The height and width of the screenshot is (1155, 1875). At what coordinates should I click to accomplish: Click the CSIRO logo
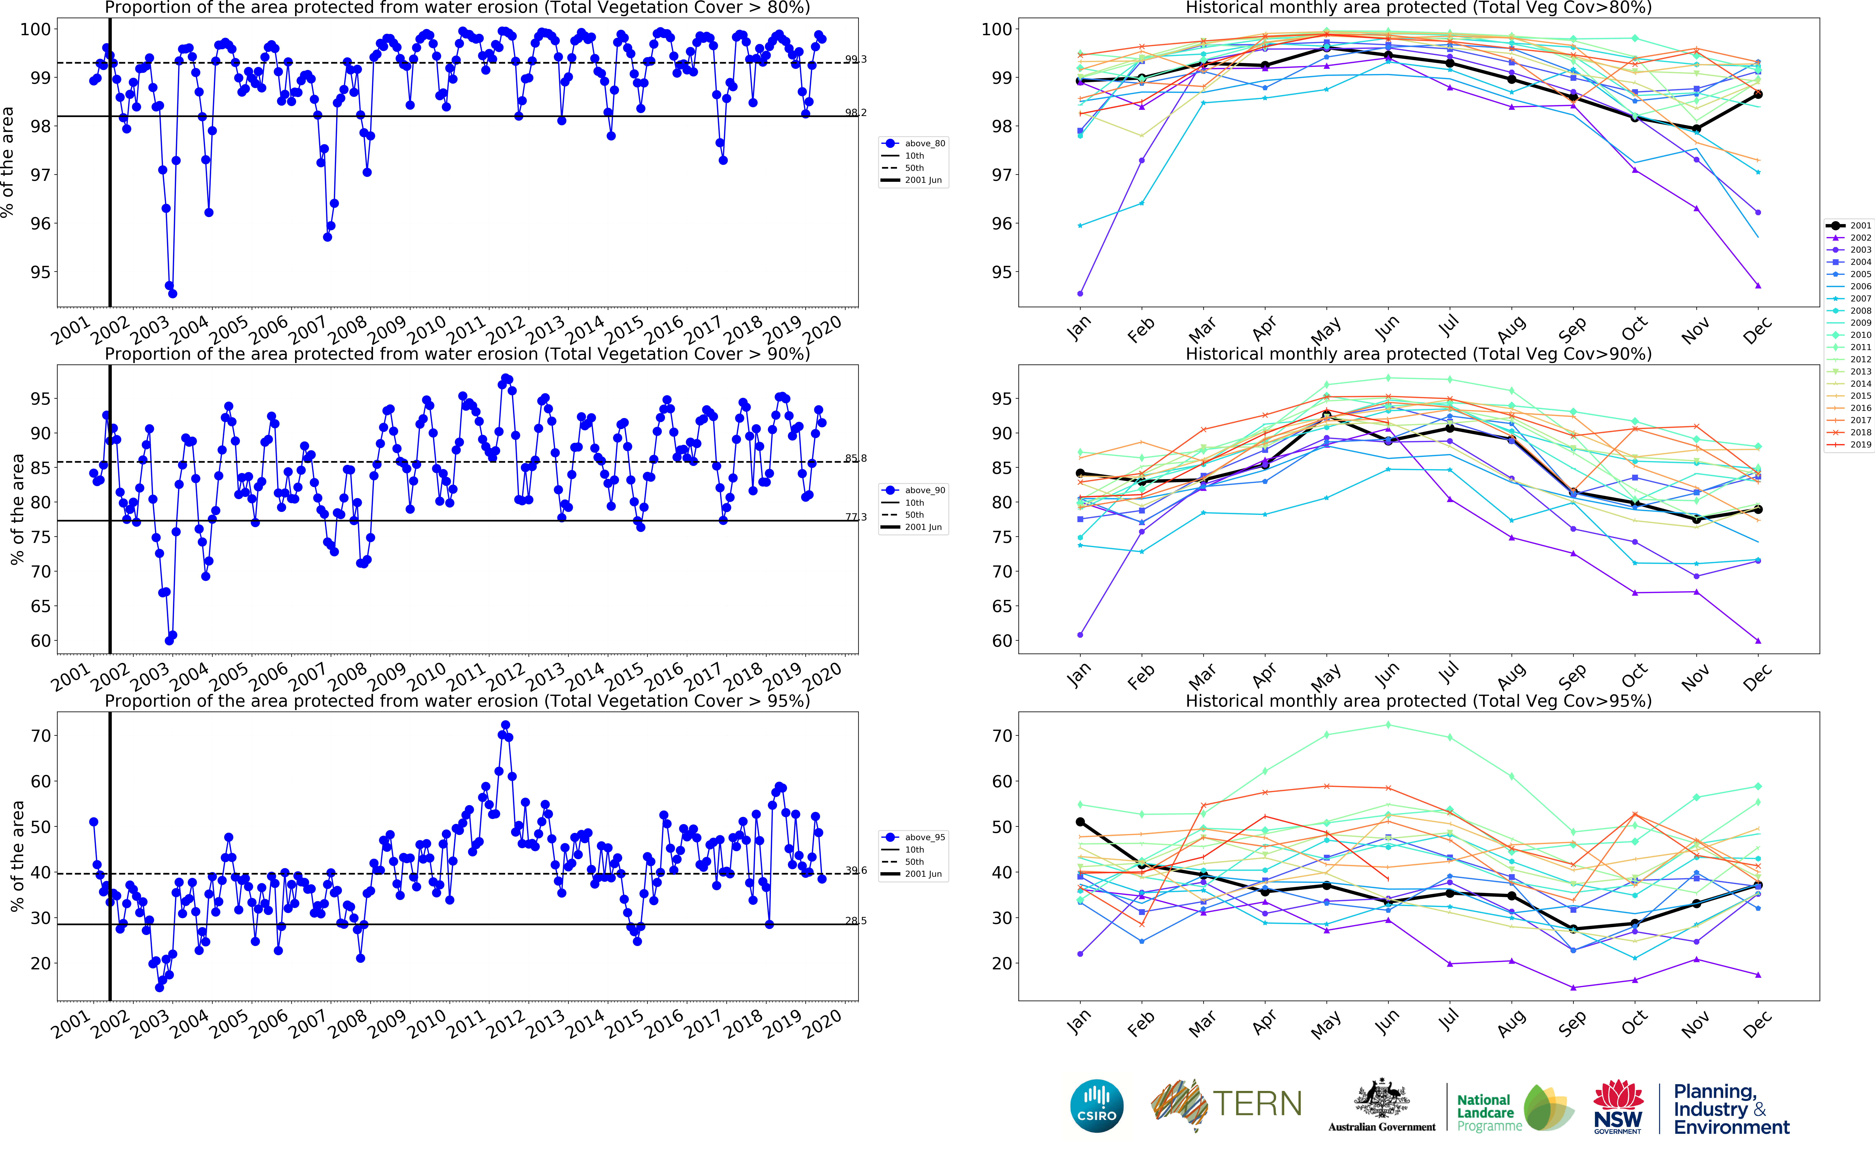click(x=1097, y=1105)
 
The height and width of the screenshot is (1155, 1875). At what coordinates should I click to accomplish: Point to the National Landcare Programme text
click(x=1485, y=1112)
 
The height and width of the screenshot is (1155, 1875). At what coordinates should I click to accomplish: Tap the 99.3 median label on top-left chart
click(x=855, y=59)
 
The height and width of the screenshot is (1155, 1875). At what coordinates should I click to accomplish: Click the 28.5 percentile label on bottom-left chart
click(x=855, y=921)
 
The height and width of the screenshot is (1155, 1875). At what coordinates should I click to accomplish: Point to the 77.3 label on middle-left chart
click(x=855, y=517)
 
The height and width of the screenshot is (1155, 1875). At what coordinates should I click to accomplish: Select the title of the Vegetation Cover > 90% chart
click(x=457, y=354)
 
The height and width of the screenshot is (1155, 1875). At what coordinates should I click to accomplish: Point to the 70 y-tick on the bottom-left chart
click(x=40, y=736)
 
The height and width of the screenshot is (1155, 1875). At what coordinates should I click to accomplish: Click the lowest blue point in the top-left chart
click(x=173, y=293)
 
